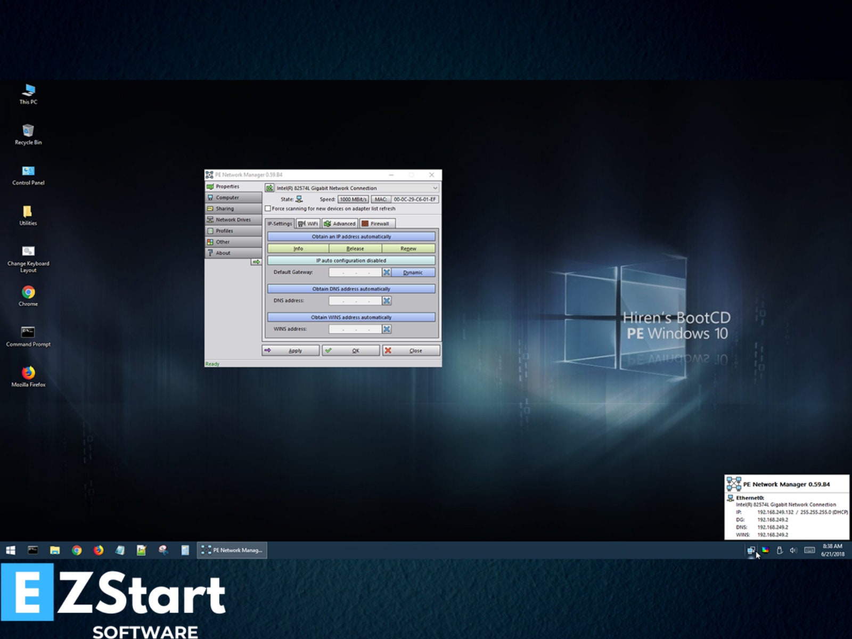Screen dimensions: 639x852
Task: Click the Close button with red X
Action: pyautogui.click(x=411, y=350)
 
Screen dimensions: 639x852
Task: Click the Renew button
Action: pyautogui.click(x=408, y=249)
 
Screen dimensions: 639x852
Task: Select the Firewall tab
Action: pyautogui.click(x=377, y=224)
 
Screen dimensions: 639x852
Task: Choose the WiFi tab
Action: pyautogui.click(x=308, y=224)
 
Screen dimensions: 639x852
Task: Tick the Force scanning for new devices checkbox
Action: pyautogui.click(x=268, y=209)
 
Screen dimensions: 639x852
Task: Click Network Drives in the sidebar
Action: pyautogui.click(x=233, y=220)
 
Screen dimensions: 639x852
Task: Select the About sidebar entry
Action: pyautogui.click(x=223, y=253)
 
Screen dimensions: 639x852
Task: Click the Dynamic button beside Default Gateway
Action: pyautogui.click(x=413, y=273)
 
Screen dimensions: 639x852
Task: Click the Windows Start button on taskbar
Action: pyautogui.click(x=11, y=550)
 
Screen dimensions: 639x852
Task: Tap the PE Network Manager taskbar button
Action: pyautogui.click(x=232, y=550)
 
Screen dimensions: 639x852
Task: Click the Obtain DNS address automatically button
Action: pyautogui.click(x=351, y=289)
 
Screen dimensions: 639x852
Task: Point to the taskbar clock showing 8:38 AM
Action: pyautogui.click(x=832, y=550)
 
